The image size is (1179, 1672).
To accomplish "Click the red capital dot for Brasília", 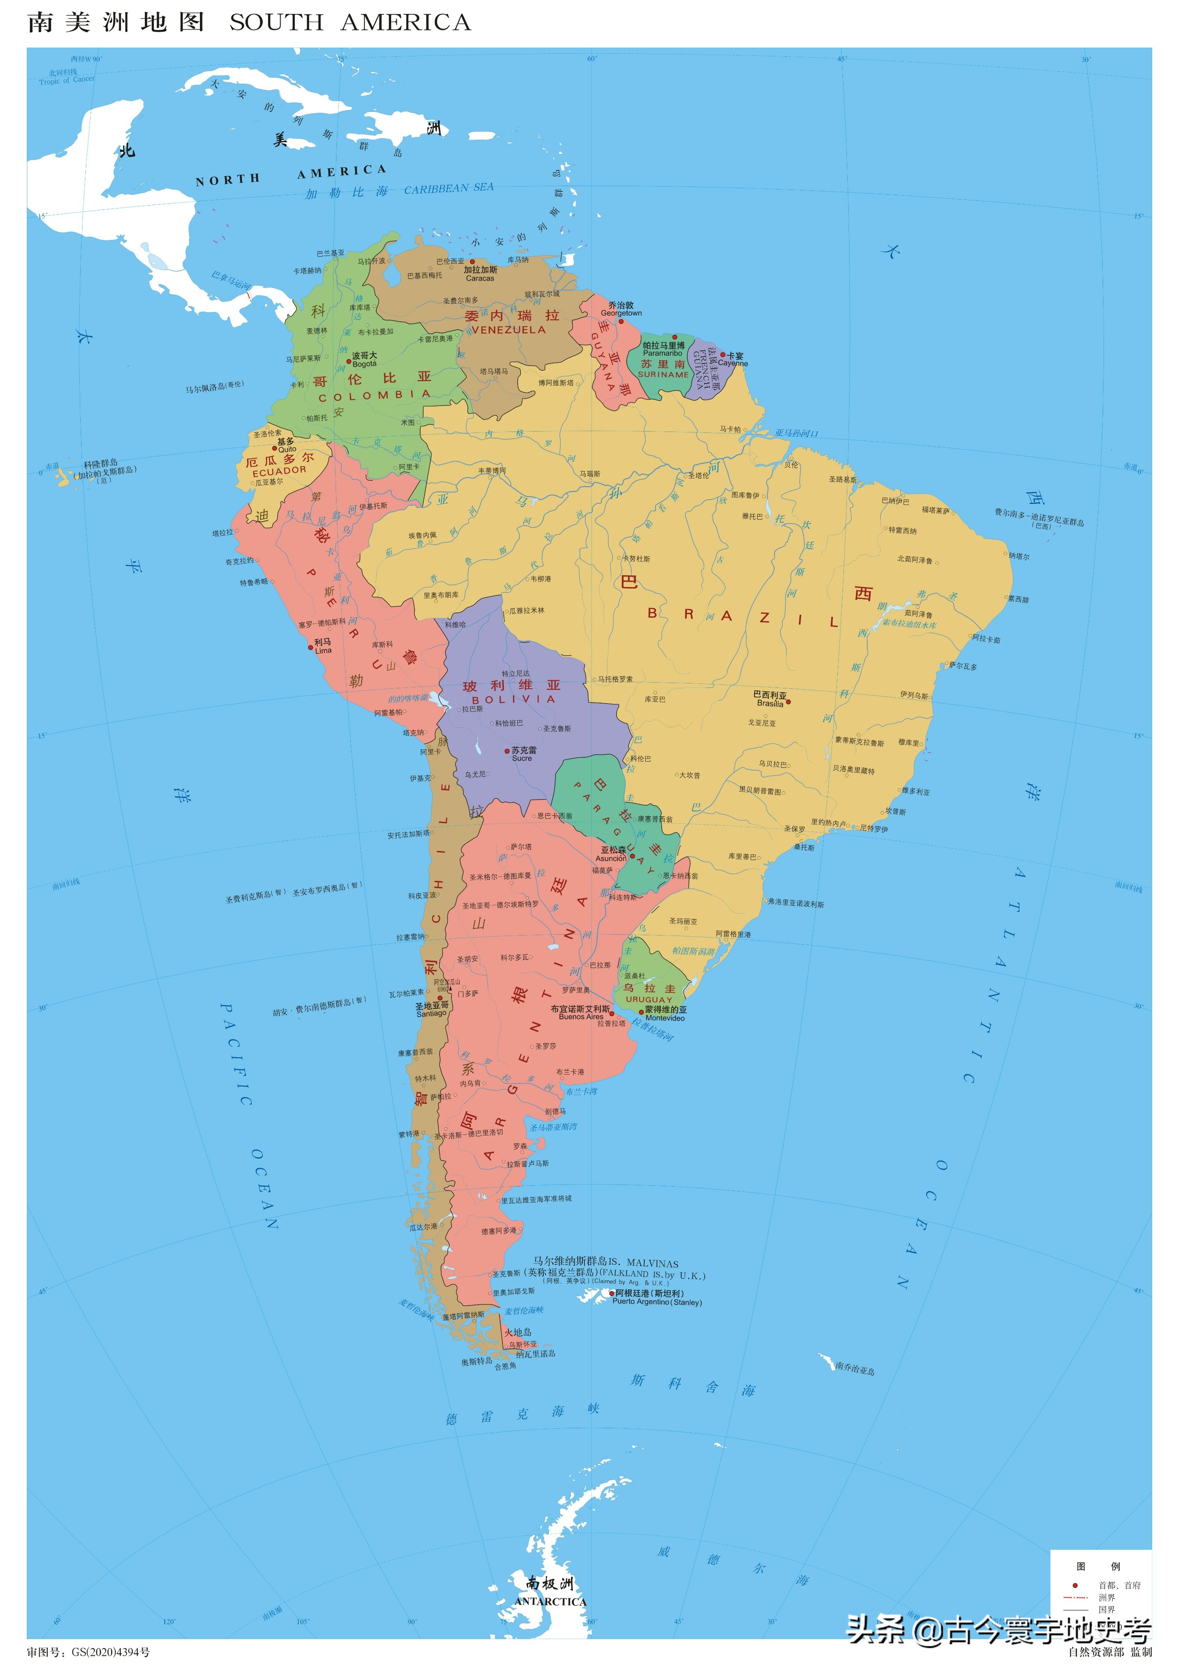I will (788, 702).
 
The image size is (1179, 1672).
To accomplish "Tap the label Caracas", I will (480, 278).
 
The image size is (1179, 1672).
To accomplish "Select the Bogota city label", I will (364, 364).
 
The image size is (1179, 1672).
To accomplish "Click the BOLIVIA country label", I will (513, 699).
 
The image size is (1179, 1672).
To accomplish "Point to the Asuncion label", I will (610, 859).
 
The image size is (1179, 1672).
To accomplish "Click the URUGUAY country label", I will (649, 1000).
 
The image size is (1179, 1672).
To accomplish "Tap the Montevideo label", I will (665, 1018).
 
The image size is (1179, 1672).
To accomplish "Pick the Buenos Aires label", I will (581, 1017).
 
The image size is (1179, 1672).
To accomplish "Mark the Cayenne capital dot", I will (722, 355).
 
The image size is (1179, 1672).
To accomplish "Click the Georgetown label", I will (621, 313).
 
